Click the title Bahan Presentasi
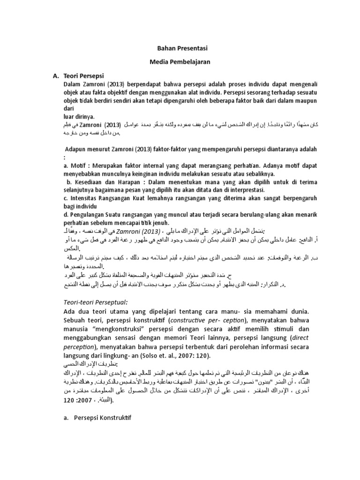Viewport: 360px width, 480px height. point(180,48)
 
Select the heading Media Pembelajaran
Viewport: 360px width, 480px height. point(180,61)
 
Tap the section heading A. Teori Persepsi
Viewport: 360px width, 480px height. point(78,75)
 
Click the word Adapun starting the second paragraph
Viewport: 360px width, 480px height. point(77,149)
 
